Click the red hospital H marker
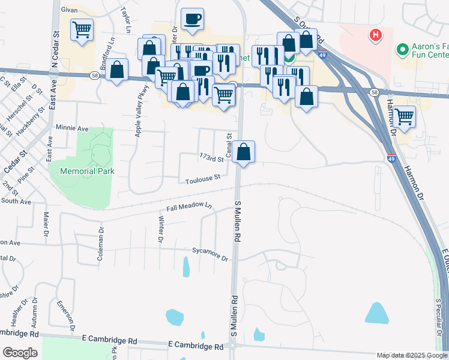376,35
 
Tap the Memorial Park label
82,171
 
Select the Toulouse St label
203,178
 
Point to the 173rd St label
211,158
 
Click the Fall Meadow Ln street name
189,208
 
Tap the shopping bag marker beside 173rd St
244,151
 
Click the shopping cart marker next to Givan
82,29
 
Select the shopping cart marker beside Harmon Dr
405,116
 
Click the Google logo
20,353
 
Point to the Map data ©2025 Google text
411,355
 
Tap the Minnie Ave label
71,128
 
